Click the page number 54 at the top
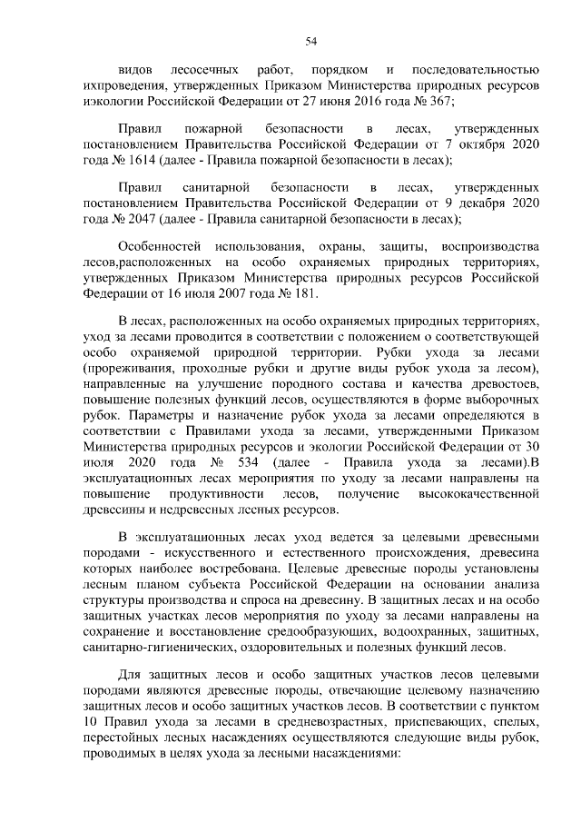(x=310, y=40)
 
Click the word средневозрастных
(x=318, y=718)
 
